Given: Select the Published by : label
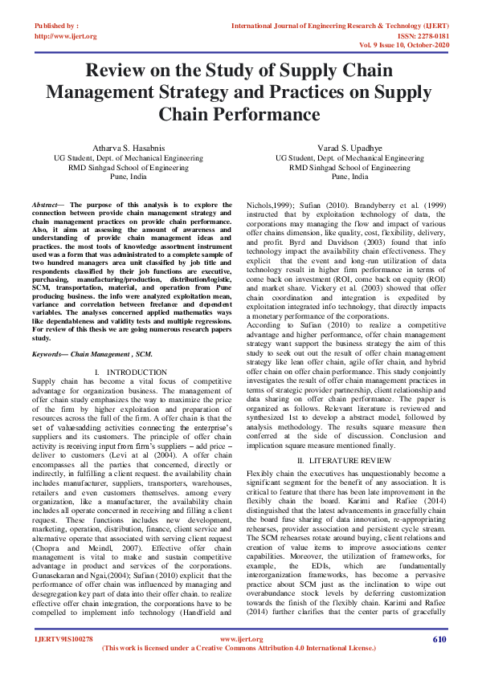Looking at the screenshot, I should click(57, 26).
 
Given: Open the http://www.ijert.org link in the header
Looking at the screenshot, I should click(66, 36).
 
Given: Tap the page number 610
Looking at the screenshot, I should click(439, 639).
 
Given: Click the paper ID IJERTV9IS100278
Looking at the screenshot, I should click(63, 639).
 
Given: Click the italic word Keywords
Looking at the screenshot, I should click(51, 353).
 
